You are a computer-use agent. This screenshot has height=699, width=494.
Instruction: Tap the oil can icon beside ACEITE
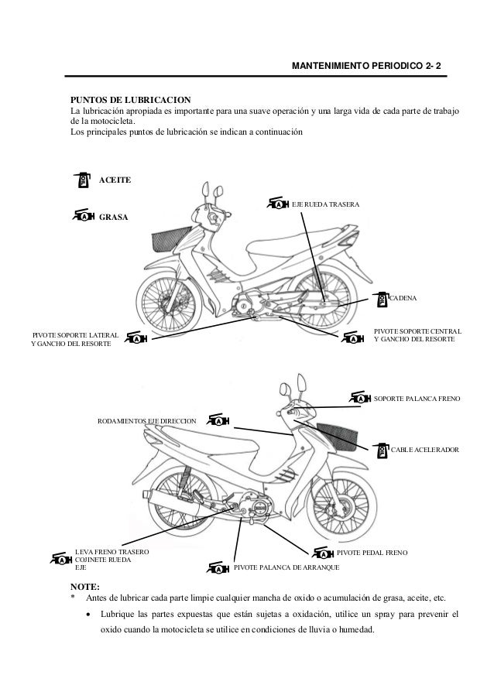click(x=84, y=180)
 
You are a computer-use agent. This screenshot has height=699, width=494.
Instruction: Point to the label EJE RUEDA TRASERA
click(x=325, y=204)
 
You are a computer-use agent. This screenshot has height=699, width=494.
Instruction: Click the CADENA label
click(x=403, y=297)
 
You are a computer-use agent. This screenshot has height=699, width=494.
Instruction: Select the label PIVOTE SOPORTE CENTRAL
click(x=418, y=331)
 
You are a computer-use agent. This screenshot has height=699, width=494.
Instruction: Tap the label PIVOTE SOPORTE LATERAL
click(x=74, y=334)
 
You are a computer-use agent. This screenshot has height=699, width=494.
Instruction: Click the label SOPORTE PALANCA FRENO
click(x=417, y=399)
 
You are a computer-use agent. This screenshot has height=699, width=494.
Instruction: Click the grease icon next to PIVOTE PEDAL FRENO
click(x=323, y=553)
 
